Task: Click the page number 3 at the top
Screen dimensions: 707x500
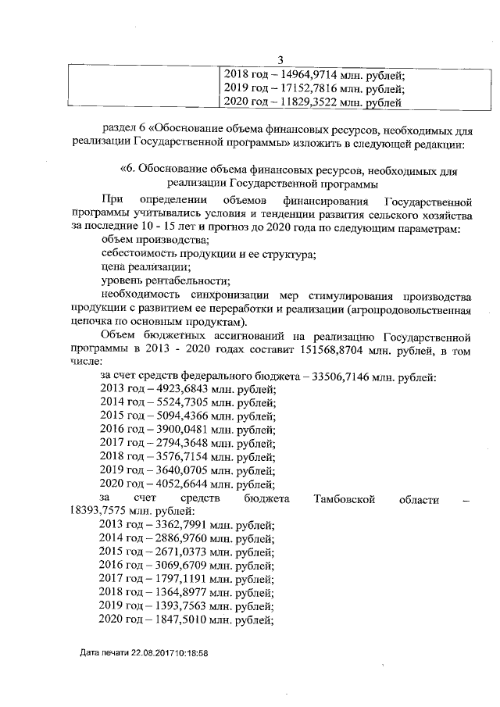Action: (x=281, y=62)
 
